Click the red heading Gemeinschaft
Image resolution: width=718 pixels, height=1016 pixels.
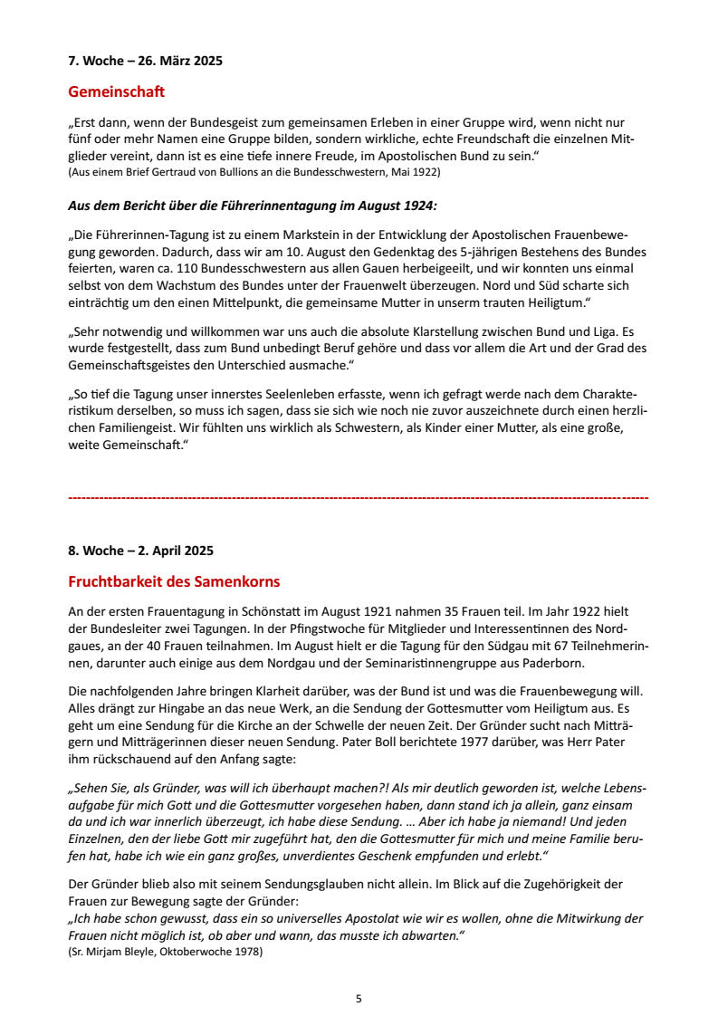(x=117, y=91)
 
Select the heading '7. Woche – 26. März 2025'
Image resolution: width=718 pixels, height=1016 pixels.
(x=146, y=62)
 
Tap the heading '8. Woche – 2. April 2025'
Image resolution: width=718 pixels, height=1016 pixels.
(x=141, y=551)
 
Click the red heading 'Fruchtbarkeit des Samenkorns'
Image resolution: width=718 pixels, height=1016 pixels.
(x=175, y=581)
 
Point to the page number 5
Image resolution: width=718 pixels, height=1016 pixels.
(x=359, y=999)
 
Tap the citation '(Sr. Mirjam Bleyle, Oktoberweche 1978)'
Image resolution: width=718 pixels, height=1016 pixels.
(x=166, y=951)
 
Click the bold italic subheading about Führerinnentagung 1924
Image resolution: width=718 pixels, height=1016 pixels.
(x=253, y=206)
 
